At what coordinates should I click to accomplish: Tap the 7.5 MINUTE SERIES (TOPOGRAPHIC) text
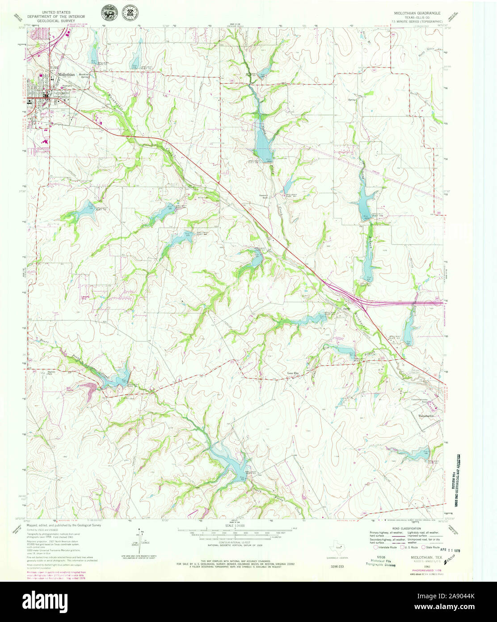[x=417, y=21]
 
